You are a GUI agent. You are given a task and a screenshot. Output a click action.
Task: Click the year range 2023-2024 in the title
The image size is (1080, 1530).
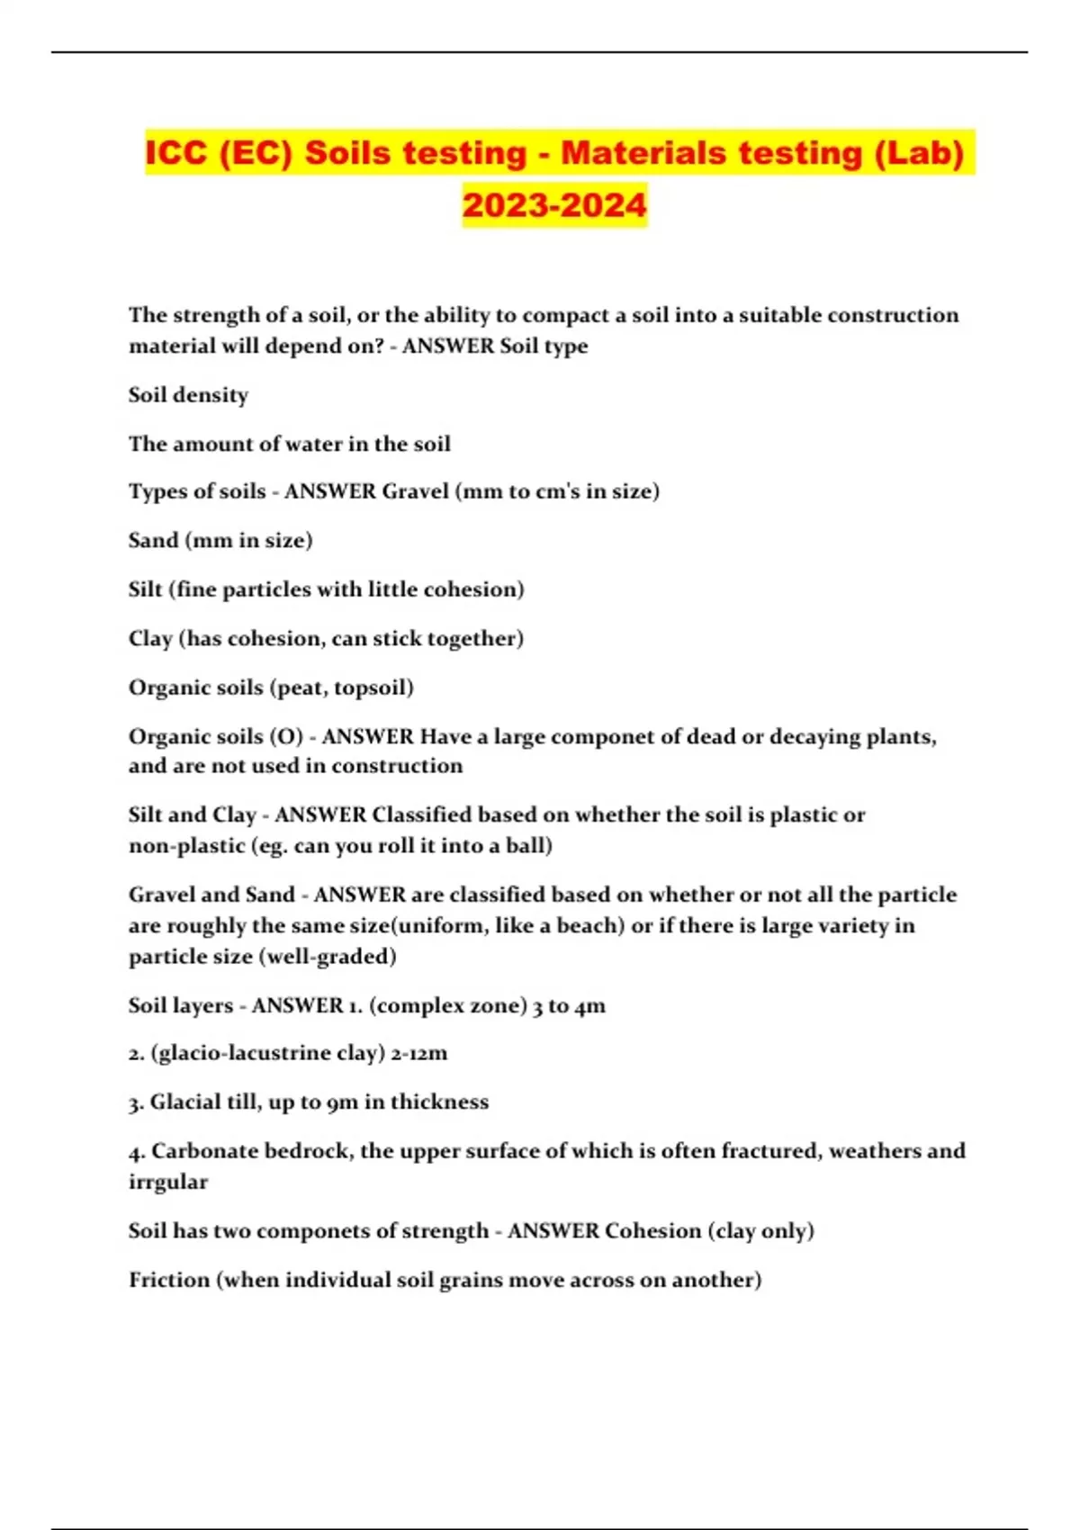click(554, 204)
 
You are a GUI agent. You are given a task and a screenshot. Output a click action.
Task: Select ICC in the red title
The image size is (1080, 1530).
click(175, 153)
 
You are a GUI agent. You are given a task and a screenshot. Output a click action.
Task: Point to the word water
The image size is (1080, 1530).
click(337, 444)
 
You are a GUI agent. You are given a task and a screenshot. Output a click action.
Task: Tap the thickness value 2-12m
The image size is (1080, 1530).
click(418, 1053)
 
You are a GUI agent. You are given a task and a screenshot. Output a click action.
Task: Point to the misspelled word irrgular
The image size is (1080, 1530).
click(167, 1182)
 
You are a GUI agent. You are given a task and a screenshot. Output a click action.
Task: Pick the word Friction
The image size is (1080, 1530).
click(168, 1280)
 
